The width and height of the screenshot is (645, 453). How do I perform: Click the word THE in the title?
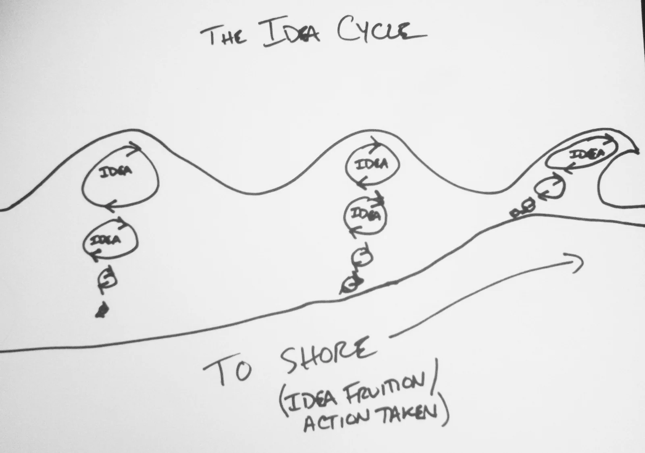(x=223, y=36)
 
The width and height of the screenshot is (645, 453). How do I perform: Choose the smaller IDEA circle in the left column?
(x=110, y=240)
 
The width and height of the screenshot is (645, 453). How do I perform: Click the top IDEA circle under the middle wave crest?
(x=372, y=164)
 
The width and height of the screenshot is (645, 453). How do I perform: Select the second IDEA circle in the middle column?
(x=365, y=215)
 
